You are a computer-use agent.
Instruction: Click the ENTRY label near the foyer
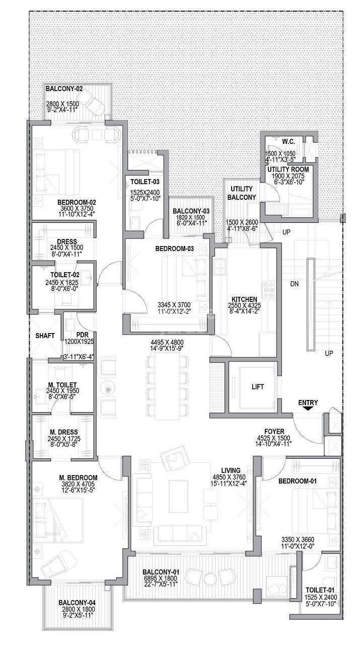[x=308, y=402]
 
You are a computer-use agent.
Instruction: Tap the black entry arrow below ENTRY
[x=308, y=410]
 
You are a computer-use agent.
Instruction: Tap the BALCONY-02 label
[x=64, y=89]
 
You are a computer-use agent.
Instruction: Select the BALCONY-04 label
[x=77, y=602]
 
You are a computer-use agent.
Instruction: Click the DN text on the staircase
[x=296, y=284]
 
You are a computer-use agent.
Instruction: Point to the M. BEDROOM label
[x=78, y=477]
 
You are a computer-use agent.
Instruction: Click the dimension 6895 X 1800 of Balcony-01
[x=161, y=578]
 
